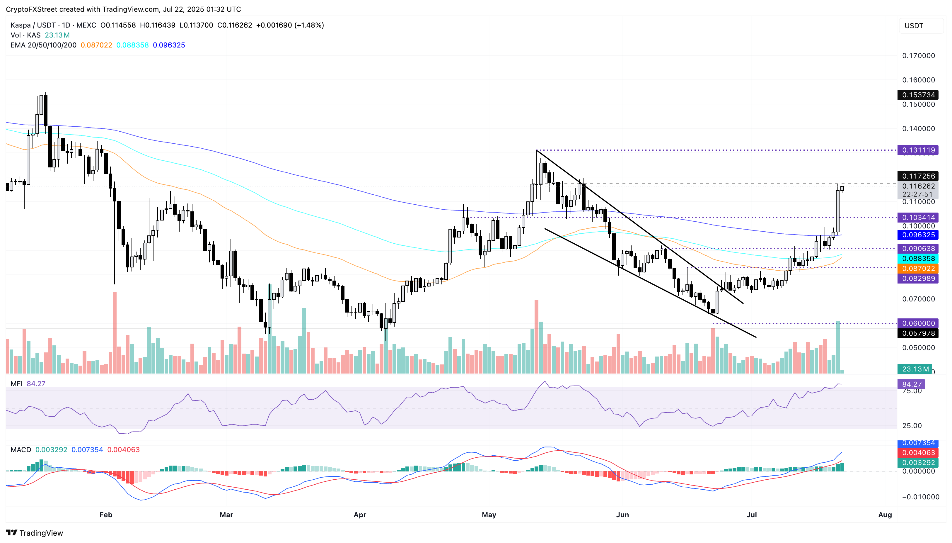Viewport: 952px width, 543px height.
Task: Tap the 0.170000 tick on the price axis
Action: pos(918,56)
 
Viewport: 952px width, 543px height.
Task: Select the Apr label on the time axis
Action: pos(359,515)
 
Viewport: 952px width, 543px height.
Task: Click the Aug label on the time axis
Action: pos(885,515)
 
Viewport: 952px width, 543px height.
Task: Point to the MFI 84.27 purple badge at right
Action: pos(911,384)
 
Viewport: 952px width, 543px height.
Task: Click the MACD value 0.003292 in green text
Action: pos(51,450)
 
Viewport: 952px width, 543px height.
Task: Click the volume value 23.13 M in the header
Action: pos(57,35)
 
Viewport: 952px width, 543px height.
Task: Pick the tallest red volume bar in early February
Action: pos(115,332)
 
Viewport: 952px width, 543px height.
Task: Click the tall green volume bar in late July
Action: pos(837,347)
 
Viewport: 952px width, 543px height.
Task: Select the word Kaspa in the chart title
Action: pos(21,25)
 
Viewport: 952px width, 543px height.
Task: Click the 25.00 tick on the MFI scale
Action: pos(912,425)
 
